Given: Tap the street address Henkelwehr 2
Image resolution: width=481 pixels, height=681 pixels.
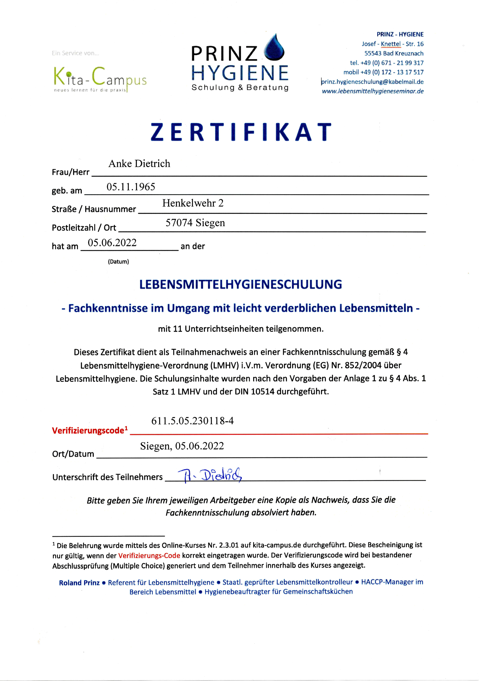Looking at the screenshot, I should pos(193,203).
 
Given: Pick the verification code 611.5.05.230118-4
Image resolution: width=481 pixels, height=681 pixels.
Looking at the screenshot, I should pos(192,421).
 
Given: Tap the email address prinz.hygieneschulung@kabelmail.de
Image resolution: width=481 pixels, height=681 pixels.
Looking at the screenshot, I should pos(373,82).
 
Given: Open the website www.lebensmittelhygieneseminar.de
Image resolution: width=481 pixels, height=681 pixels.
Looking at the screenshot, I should pos(373,91).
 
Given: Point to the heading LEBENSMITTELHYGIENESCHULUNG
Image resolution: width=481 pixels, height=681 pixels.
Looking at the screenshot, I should pos(240,284).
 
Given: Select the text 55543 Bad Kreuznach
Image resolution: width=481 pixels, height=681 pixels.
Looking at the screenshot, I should pos(394,53).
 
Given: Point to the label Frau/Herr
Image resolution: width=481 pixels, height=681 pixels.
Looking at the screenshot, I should pos(70,172).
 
